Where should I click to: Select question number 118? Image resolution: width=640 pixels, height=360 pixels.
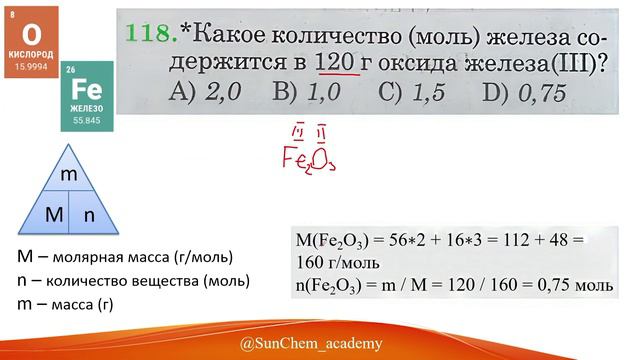point(150,33)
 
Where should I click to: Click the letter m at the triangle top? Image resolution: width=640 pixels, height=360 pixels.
point(69,175)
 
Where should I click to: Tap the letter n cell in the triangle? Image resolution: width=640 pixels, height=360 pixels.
point(89,213)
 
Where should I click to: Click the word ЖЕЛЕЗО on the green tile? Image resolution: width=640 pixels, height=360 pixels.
point(87,109)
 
